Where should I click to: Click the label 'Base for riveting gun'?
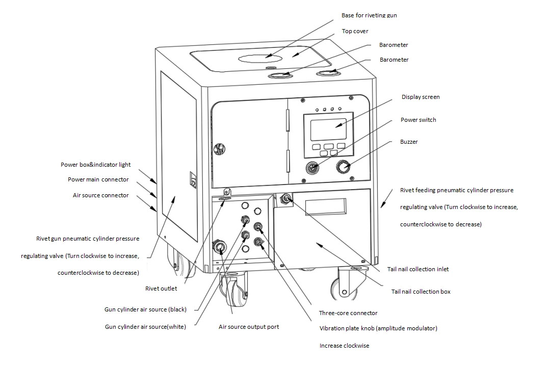pyautogui.click(x=369, y=16)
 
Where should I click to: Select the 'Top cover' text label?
pyautogui.click(x=355, y=32)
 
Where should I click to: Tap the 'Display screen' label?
pyautogui.click(x=420, y=97)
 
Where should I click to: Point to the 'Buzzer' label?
pyautogui.click(x=409, y=142)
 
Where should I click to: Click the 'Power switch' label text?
pyautogui.click(x=418, y=120)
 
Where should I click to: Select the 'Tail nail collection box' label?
pyautogui.click(x=421, y=292)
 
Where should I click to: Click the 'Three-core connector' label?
pyautogui.click(x=348, y=313)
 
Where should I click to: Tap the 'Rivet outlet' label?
pyautogui.click(x=161, y=289)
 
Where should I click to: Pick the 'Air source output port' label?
pyautogui.click(x=249, y=327)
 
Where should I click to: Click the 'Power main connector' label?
pyautogui.click(x=98, y=179)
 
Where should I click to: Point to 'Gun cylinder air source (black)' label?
pyautogui.click(x=146, y=309)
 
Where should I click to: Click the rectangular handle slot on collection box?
pyautogui.click(x=326, y=207)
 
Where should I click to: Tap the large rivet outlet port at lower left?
pyautogui.click(x=220, y=248)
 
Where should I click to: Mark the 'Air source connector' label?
pyautogui.click(x=101, y=195)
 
